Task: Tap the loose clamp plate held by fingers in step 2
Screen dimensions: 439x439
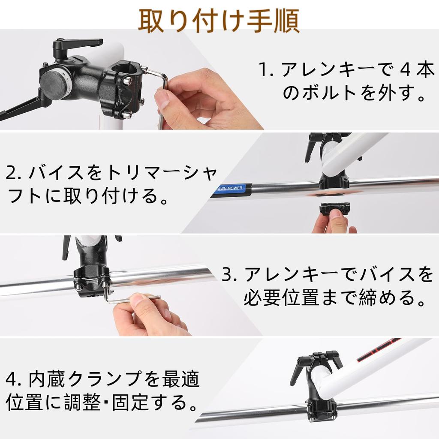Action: [334, 210]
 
